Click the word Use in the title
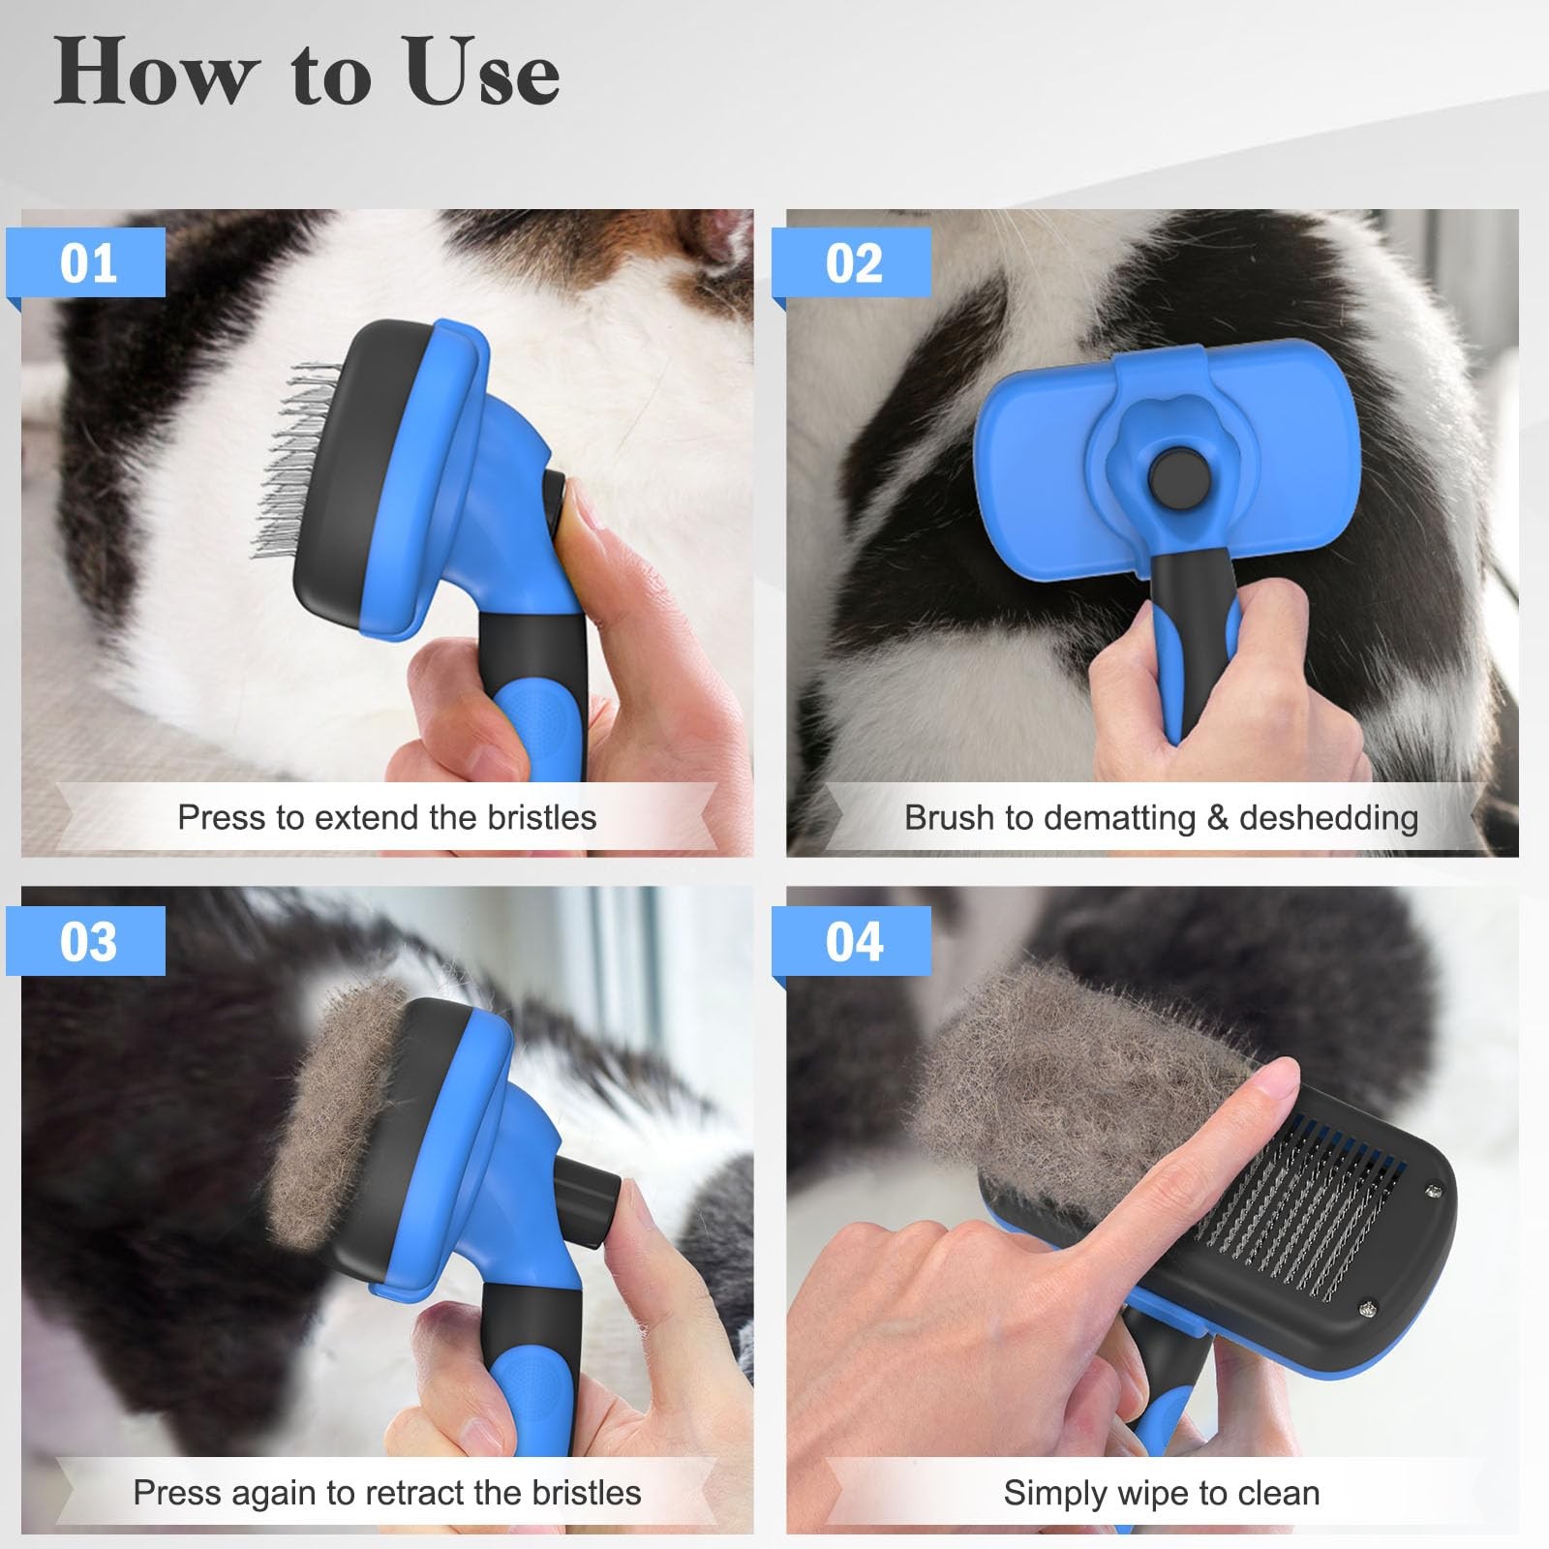482,74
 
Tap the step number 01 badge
88,263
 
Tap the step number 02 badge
854,263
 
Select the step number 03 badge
88,941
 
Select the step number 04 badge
854,941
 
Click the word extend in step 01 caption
368,818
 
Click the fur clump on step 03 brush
339,1113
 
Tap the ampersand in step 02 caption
1217,819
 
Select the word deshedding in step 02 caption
1328,819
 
